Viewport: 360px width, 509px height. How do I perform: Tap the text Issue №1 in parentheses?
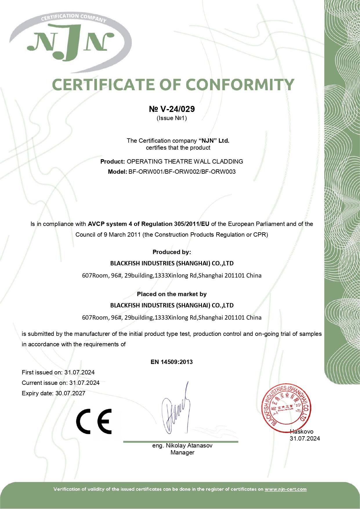[172, 118]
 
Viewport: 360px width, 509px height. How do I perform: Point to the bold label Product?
[113, 162]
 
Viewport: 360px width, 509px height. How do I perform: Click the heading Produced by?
[172, 252]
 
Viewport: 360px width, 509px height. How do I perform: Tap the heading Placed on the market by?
[172, 294]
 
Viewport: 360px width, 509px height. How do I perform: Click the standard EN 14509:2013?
[172, 362]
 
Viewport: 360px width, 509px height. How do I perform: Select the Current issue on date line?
[61, 383]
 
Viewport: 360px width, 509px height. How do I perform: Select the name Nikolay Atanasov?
[189, 445]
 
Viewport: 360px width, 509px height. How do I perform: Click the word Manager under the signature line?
[182, 452]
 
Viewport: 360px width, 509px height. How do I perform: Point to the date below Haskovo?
[305, 439]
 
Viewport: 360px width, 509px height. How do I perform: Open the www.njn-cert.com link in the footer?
[285, 489]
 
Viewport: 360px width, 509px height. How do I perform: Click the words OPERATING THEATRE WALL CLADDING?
[185, 162]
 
